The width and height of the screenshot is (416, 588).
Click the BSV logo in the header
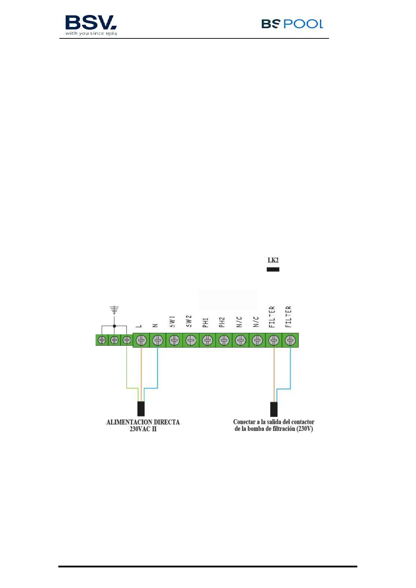tap(91, 25)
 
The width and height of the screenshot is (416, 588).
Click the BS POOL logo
tap(292, 24)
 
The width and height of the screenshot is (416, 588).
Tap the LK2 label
tap(273, 260)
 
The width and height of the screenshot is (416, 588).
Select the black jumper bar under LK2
tap(273, 269)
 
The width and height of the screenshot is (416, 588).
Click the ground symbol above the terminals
tap(114, 310)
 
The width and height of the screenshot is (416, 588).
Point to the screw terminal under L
tap(141, 340)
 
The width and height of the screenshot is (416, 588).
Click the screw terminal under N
tap(158, 340)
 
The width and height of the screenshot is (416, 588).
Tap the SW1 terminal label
tap(172, 322)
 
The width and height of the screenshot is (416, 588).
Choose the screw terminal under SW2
tap(191, 340)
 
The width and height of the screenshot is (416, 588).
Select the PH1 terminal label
tap(205, 322)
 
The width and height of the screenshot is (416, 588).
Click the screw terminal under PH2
tap(224, 340)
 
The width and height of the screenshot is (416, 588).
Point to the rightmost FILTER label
tap(288, 316)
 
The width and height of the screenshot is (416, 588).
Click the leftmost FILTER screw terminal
tap(274, 340)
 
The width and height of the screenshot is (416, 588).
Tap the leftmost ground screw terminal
tap(102, 340)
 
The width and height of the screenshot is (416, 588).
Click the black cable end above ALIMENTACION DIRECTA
tap(141, 409)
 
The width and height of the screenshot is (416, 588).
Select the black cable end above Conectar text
tap(274, 409)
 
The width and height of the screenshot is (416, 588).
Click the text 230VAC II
tap(143, 429)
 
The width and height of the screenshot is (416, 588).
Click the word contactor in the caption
tap(303, 422)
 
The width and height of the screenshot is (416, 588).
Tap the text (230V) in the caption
tap(305, 429)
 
